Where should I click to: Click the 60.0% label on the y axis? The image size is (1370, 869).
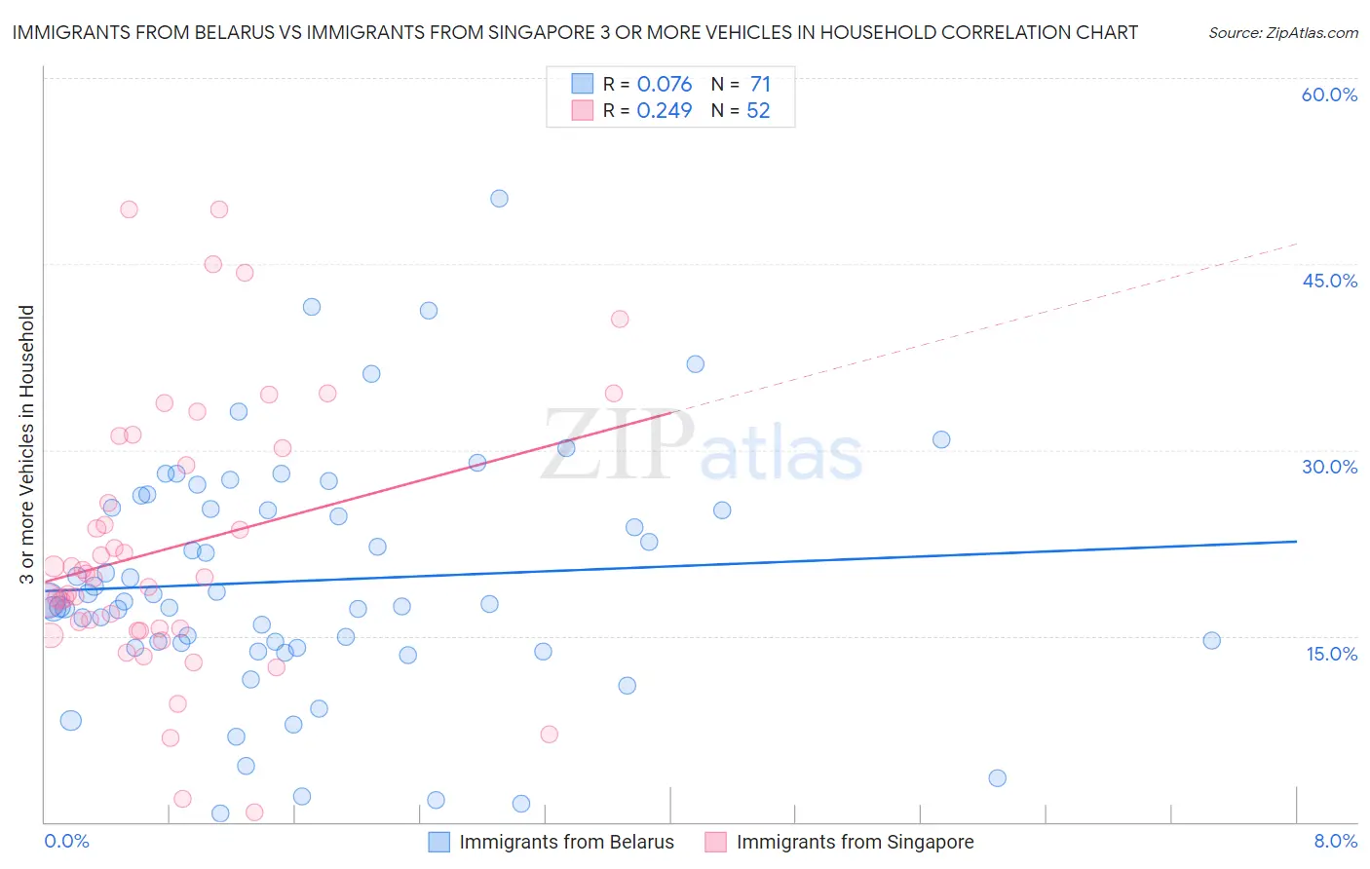click(x=1329, y=94)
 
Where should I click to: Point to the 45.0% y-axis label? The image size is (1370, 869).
click(x=1329, y=281)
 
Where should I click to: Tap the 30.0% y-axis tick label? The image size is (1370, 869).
click(x=1329, y=467)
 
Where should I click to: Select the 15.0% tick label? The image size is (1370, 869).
click(x=1331, y=654)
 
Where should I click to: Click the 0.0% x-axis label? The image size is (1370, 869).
click(x=66, y=841)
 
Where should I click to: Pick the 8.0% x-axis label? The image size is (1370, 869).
click(x=1335, y=841)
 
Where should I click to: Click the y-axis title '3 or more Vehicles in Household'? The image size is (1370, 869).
click(x=26, y=444)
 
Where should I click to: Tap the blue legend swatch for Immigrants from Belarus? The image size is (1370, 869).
click(x=439, y=842)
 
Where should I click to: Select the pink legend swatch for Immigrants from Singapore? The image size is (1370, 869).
click(x=716, y=842)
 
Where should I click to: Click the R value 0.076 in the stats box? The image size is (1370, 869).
click(x=664, y=84)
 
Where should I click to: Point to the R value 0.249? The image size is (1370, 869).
click(x=664, y=110)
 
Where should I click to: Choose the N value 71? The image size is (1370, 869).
click(x=760, y=84)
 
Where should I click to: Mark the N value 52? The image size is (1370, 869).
click(x=758, y=110)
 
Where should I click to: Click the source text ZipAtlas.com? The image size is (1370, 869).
click(x=1282, y=32)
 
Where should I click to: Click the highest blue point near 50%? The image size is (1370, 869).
click(x=499, y=199)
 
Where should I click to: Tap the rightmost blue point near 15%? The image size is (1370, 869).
click(x=1212, y=640)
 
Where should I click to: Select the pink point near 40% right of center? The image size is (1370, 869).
click(x=620, y=319)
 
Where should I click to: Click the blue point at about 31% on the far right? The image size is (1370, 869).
click(x=941, y=439)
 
